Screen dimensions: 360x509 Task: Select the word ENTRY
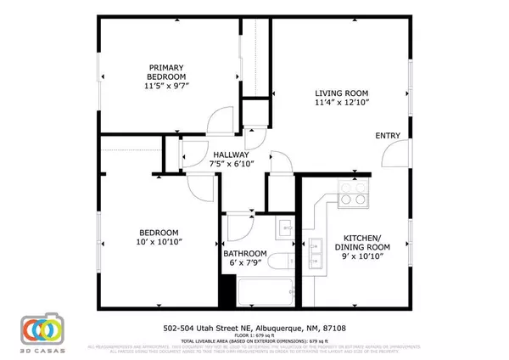pyautogui.click(x=388, y=136)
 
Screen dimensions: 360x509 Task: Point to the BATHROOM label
pyautogui.click(x=245, y=253)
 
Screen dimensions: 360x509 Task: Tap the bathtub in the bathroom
pyautogui.click(x=267, y=292)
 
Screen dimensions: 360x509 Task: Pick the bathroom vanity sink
pyautogui.click(x=285, y=230)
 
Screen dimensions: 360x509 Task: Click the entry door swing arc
pyautogui.click(x=392, y=154)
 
